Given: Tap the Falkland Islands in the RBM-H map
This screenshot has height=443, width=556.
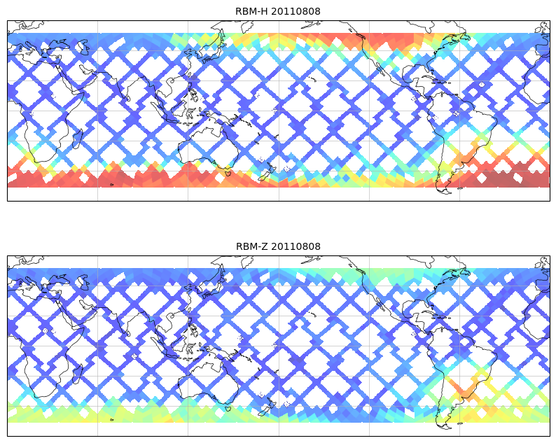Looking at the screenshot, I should [x=460, y=188].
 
